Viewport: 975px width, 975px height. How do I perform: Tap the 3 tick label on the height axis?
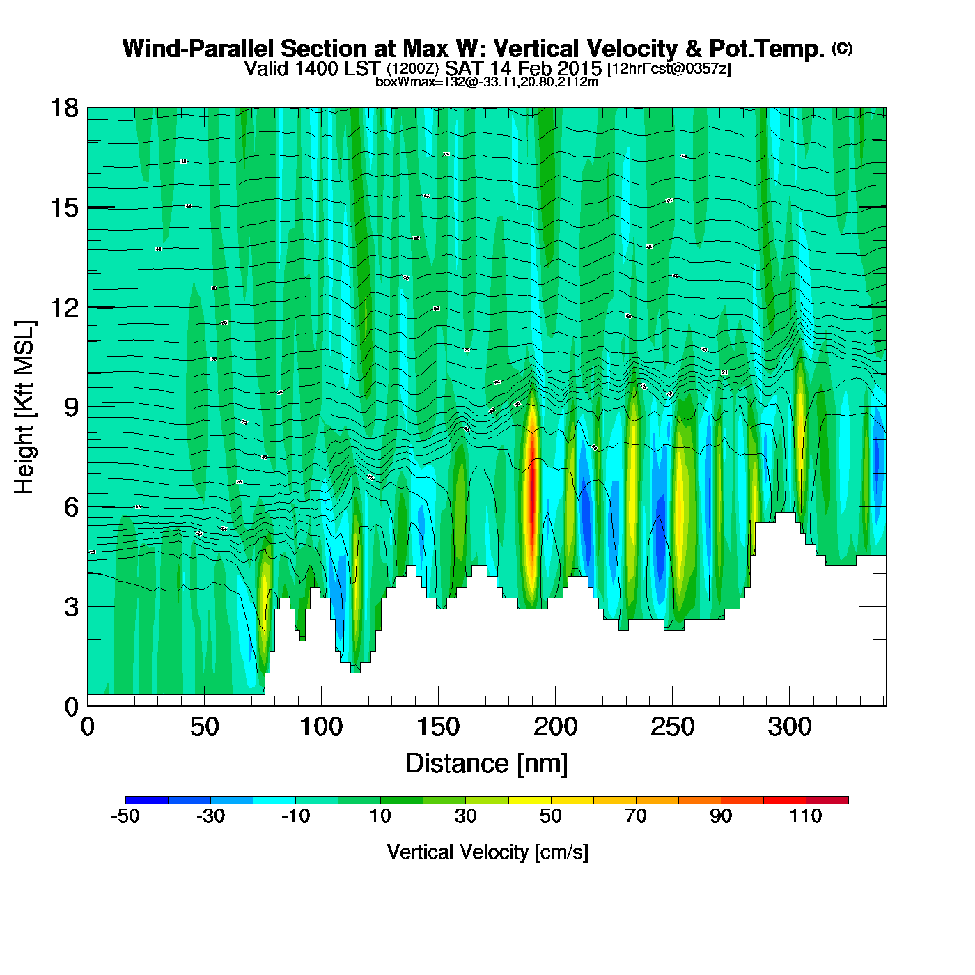click(71, 607)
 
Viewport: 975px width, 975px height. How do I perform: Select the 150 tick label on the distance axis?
click(438, 728)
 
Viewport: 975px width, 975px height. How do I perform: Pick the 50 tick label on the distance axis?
click(204, 728)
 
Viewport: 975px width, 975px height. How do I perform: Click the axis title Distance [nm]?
click(487, 764)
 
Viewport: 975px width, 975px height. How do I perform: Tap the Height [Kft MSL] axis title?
click(24, 407)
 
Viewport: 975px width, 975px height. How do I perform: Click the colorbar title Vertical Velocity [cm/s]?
click(487, 852)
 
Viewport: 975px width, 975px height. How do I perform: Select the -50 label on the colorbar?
click(125, 816)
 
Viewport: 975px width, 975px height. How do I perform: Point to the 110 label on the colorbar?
click(806, 816)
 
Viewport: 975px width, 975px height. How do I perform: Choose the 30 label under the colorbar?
click(465, 816)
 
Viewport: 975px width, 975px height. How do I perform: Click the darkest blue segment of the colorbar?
click(147, 800)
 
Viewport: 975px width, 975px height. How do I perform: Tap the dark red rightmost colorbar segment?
click(827, 800)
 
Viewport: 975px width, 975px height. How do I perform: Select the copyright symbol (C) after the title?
click(841, 48)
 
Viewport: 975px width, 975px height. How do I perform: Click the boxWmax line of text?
click(487, 81)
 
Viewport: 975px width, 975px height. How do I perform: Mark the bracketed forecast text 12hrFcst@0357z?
click(669, 69)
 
